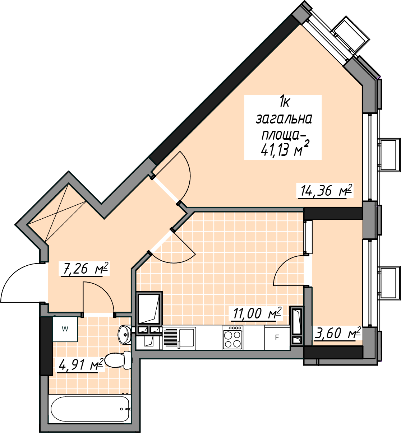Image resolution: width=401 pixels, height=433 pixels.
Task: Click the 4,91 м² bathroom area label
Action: pyautogui.click(x=80, y=365)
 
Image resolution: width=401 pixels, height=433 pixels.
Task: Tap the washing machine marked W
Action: pyautogui.click(x=65, y=329)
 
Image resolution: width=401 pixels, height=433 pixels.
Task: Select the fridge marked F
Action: pyautogui.click(x=277, y=337)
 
